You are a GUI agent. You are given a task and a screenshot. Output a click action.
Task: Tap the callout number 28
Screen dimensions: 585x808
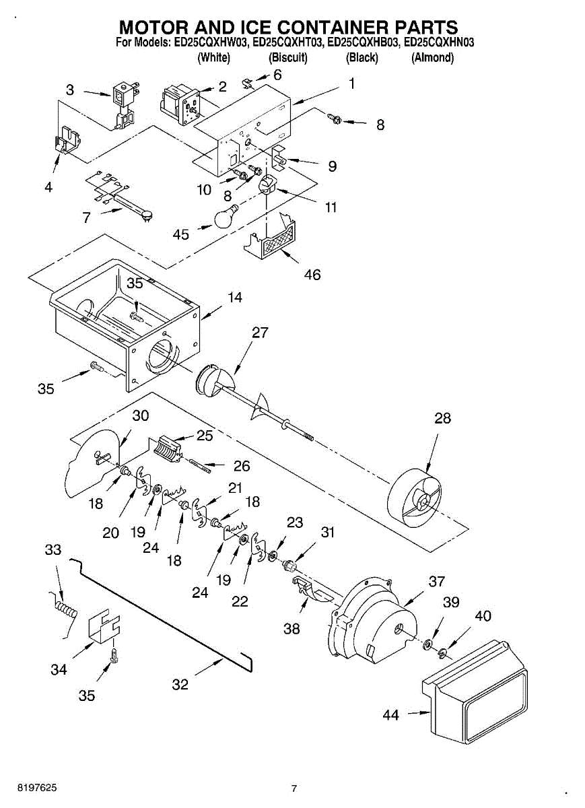(x=442, y=418)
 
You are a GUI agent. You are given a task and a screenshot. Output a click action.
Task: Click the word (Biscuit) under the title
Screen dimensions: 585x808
(x=288, y=58)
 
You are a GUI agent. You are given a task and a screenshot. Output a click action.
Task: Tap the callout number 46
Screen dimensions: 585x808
(x=312, y=275)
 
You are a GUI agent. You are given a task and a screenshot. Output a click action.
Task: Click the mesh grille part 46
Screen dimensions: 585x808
(x=271, y=236)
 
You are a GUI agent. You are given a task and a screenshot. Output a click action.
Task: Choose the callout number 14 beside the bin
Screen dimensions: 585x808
(x=234, y=298)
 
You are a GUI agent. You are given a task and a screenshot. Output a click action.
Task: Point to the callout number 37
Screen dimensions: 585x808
(x=437, y=581)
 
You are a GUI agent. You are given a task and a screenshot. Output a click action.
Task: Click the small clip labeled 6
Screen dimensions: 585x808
(x=246, y=83)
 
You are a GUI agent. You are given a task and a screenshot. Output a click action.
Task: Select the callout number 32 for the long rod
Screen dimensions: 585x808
(x=180, y=684)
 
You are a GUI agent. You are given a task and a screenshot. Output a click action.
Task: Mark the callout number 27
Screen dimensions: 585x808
(x=260, y=332)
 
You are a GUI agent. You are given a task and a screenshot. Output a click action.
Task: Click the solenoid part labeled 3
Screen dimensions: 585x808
(x=123, y=106)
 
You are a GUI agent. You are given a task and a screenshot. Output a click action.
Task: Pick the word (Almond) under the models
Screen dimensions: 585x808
(x=432, y=58)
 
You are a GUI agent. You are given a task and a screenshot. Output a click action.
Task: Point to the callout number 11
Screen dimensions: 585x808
(x=331, y=207)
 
